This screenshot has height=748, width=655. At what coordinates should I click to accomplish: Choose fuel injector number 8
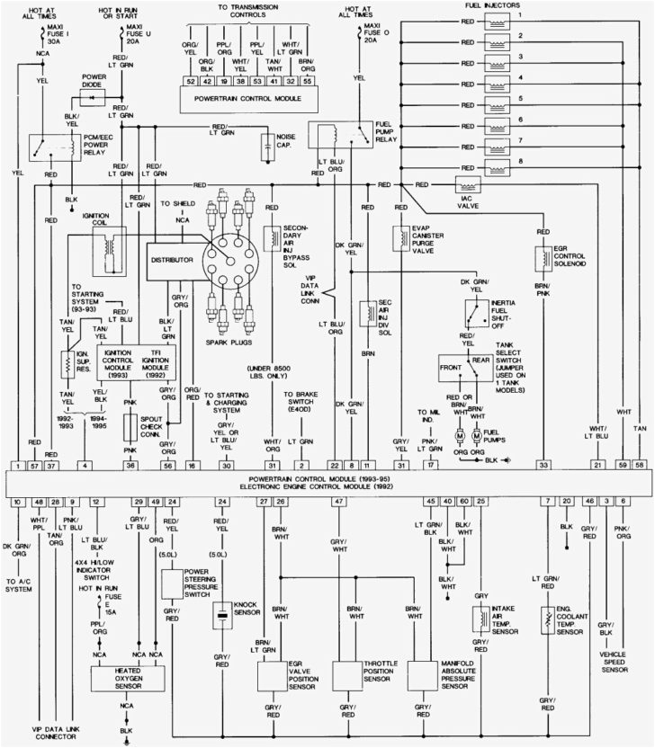tap(498, 164)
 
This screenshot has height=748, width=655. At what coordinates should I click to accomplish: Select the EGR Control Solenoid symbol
tap(543, 258)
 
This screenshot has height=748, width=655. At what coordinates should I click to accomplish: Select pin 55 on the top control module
tap(308, 81)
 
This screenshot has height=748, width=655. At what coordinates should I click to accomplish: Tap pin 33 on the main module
tap(543, 465)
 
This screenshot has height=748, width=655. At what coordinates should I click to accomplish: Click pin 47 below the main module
tap(338, 500)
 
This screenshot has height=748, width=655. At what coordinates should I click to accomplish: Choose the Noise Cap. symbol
tap(267, 144)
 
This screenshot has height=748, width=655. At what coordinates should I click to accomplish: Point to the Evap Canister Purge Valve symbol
tap(399, 238)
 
